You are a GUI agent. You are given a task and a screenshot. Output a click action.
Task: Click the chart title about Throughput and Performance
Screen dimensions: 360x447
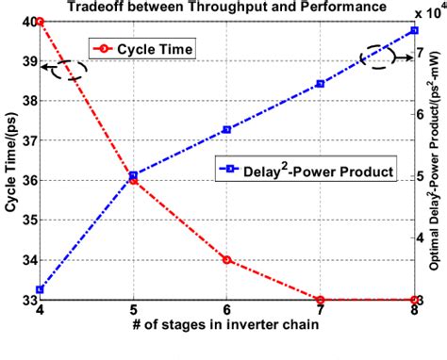coord(215,8)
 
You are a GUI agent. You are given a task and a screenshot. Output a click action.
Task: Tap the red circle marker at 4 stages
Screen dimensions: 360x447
coord(40,21)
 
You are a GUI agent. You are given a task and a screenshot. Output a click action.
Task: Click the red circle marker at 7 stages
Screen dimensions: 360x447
coord(321,300)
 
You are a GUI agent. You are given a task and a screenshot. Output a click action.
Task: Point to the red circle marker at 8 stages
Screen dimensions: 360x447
coord(413,300)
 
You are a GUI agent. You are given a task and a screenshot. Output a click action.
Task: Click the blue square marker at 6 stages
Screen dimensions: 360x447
coord(226,129)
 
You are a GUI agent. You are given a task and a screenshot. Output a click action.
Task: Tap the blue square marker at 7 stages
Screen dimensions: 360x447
coord(321,84)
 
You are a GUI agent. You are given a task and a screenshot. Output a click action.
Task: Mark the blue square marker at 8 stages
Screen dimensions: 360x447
coord(413,30)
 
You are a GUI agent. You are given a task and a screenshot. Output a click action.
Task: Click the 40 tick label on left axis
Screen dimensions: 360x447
coord(25,21)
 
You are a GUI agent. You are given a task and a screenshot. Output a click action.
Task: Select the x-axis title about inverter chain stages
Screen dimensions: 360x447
coord(226,326)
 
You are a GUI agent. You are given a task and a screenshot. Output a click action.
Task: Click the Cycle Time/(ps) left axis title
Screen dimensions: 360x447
coord(8,160)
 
